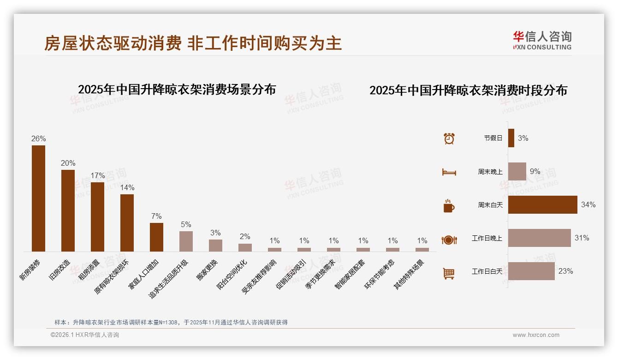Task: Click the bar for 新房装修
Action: click(38, 198)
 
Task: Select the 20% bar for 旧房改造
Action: click(68, 210)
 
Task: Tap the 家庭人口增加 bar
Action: click(156, 237)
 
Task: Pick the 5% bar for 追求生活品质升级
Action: click(186, 241)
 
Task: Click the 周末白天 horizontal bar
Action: click(542, 204)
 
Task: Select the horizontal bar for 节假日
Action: click(511, 138)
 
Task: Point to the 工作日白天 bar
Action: click(531, 271)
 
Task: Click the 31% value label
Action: click(582, 238)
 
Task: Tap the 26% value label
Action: click(38, 139)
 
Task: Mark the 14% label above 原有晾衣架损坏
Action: click(127, 188)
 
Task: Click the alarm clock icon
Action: click(449, 138)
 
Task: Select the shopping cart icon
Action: click(449, 274)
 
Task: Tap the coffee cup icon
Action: click(449, 206)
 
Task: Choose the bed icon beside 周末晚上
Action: click(449, 172)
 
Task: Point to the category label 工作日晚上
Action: click(487, 238)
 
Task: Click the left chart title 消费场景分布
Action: click(177, 89)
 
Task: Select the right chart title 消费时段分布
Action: click(468, 90)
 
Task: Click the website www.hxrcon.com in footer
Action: click(535, 335)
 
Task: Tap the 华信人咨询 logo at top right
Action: click(542, 40)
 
